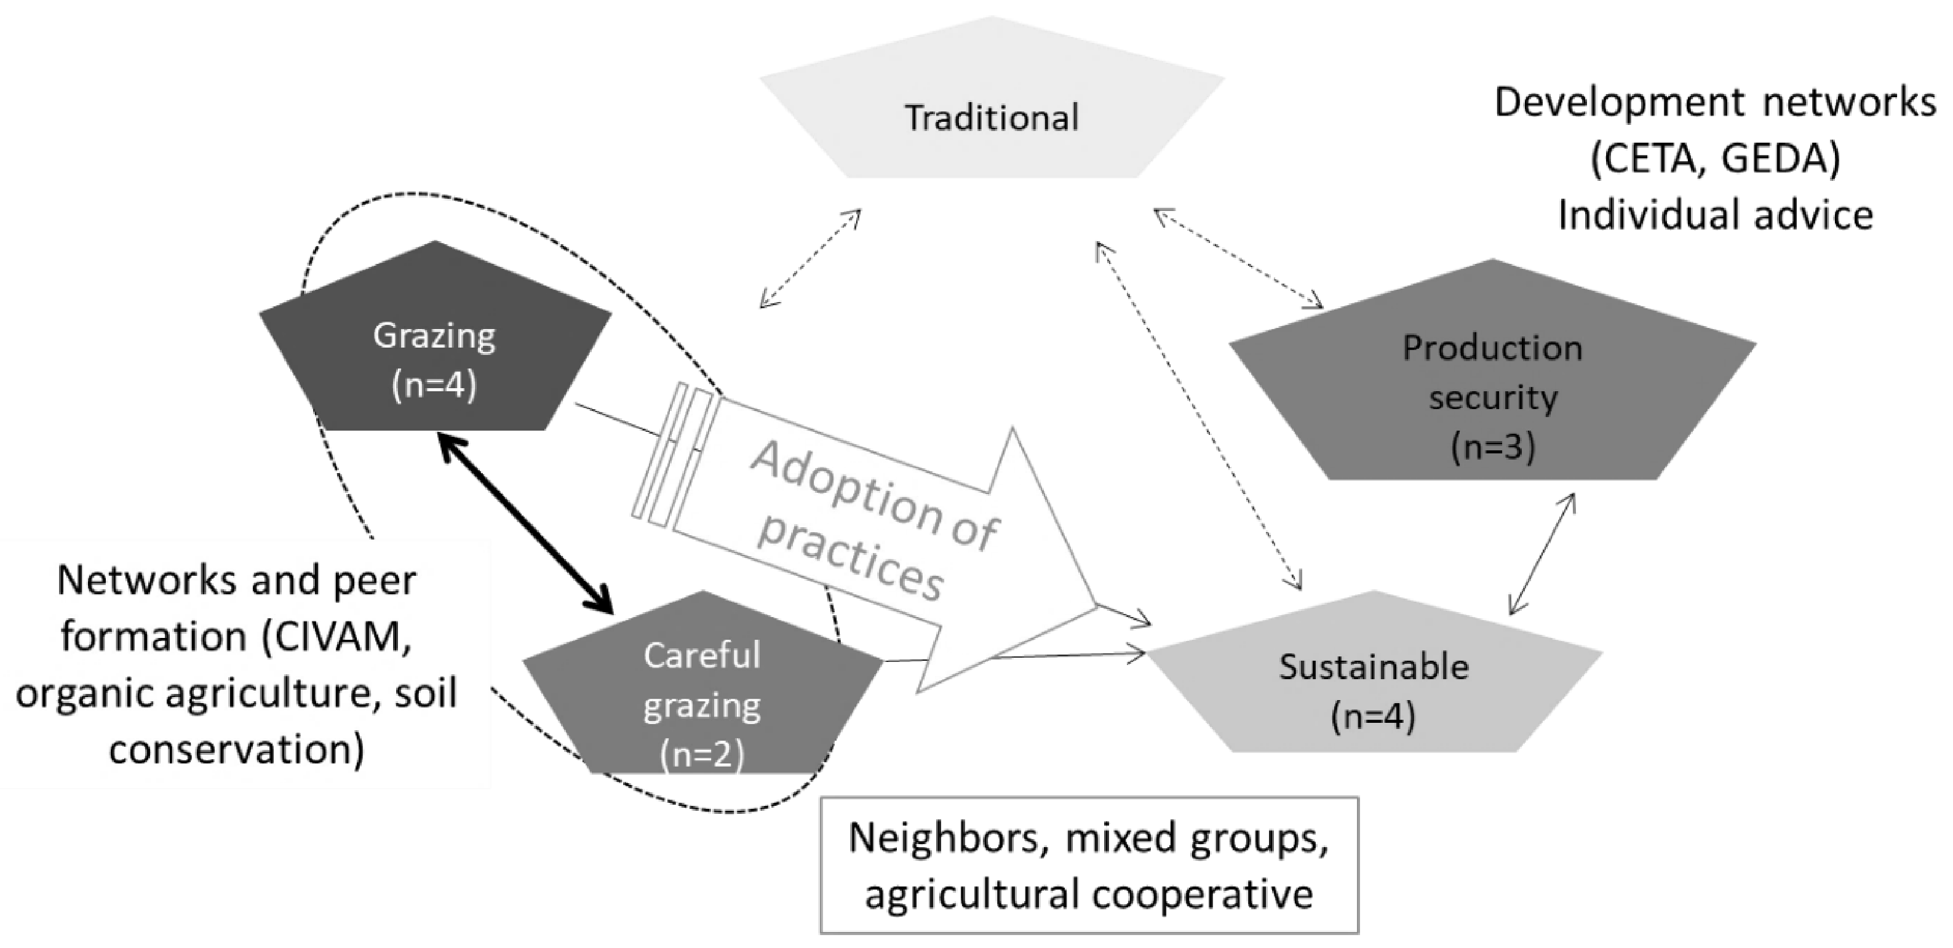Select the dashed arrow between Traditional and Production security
click(x=1237, y=258)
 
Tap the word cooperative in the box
click(x=1202, y=893)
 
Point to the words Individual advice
click(x=1715, y=215)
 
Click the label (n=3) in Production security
click(x=1492, y=447)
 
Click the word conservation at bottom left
click(x=237, y=749)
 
